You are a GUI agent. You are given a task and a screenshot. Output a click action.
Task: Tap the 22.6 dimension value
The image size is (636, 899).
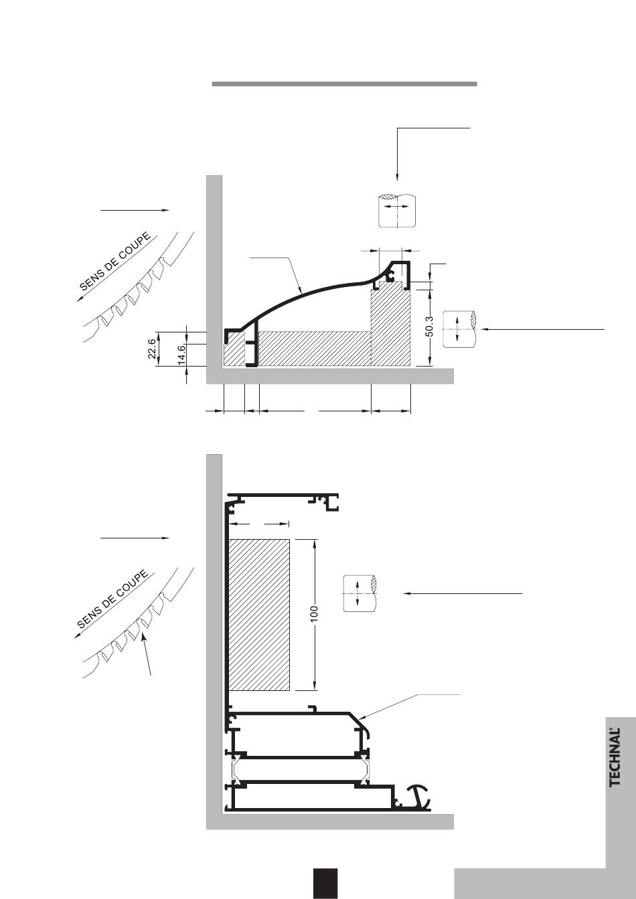coord(152,348)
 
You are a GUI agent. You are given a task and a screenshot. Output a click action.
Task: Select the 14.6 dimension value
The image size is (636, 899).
coord(181,355)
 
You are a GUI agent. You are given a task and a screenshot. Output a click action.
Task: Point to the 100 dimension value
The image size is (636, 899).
coord(314,614)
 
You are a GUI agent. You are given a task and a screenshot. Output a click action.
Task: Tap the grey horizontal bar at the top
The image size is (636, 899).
coord(344,84)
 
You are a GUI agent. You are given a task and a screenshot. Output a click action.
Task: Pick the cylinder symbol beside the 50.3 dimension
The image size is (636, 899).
coord(459,329)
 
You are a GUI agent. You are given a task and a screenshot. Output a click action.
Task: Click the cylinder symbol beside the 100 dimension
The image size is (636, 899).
coord(360,593)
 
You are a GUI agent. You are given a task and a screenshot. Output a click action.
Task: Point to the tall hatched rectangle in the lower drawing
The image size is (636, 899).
coord(260,614)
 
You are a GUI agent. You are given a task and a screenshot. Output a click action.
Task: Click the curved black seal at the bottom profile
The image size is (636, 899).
coord(418,796)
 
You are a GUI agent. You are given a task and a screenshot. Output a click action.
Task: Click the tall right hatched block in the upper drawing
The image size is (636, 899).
coord(390,328)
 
